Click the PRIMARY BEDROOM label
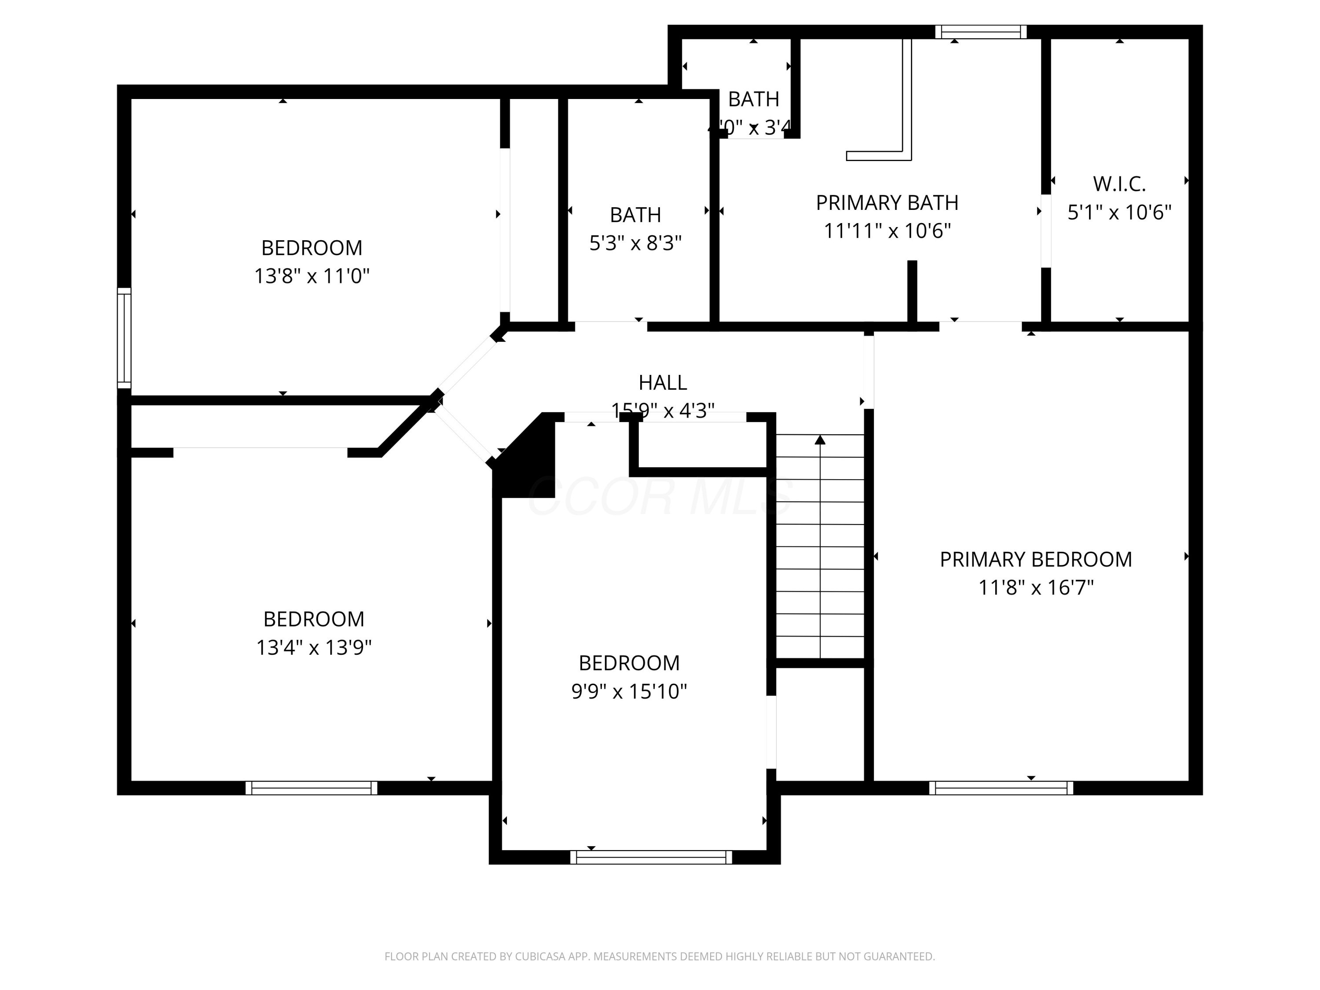[x=1035, y=559]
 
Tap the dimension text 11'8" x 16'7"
[x=1035, y=588]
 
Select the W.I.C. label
[x=1119, y=184]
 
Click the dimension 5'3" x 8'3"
[x=635, y=243]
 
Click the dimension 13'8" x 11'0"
[x=312, y=276]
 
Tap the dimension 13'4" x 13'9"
[x=313, y=648]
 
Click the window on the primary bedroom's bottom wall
[x=1001, y=788]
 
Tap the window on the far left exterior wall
[x=124, y=338]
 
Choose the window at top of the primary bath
[x=980, y=32]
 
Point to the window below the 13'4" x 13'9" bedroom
[x=311, y=788]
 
